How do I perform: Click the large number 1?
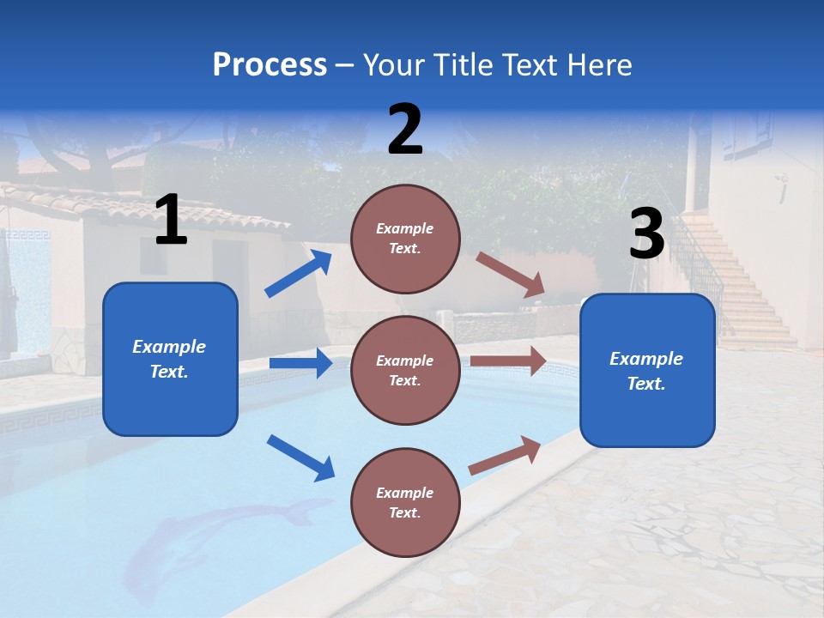click(170, 221)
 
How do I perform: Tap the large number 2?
click(405, 130)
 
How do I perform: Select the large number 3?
click(646, 233)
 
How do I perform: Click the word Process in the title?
click(270, 64)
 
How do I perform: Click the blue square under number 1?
click(170, 359)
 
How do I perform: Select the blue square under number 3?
click(647, 370)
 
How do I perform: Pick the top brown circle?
click(405, 239)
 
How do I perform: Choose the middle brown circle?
click(405, 371)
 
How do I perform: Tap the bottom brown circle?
click(405, 503)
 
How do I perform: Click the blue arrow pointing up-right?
click(299, 274)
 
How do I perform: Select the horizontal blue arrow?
click(300, 363)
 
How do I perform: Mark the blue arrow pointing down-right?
click(300, 457)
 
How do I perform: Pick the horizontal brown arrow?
click(508, 361)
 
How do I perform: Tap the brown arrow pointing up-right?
click(505, 455)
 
